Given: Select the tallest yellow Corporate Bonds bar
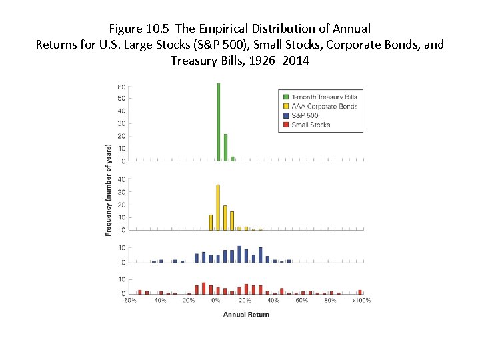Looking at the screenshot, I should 218,207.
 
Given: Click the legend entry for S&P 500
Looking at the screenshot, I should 305,115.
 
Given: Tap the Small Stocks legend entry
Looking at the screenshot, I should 311,125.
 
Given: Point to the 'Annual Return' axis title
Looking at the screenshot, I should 246,314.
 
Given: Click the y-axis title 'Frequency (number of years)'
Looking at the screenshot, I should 109,190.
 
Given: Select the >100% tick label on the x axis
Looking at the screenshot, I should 361,301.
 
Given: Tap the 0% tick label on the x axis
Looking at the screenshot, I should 215,301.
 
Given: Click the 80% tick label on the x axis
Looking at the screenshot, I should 330,301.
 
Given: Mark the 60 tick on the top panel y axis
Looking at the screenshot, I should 121,87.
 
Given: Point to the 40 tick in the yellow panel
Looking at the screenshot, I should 121,179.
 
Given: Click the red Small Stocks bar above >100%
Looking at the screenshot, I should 360,291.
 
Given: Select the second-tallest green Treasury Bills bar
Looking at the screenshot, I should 225,147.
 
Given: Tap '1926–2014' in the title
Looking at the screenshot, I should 279,61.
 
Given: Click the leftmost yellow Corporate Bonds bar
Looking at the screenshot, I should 211,222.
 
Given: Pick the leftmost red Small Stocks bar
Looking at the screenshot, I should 139,291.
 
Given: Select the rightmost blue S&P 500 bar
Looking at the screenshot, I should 289,261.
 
